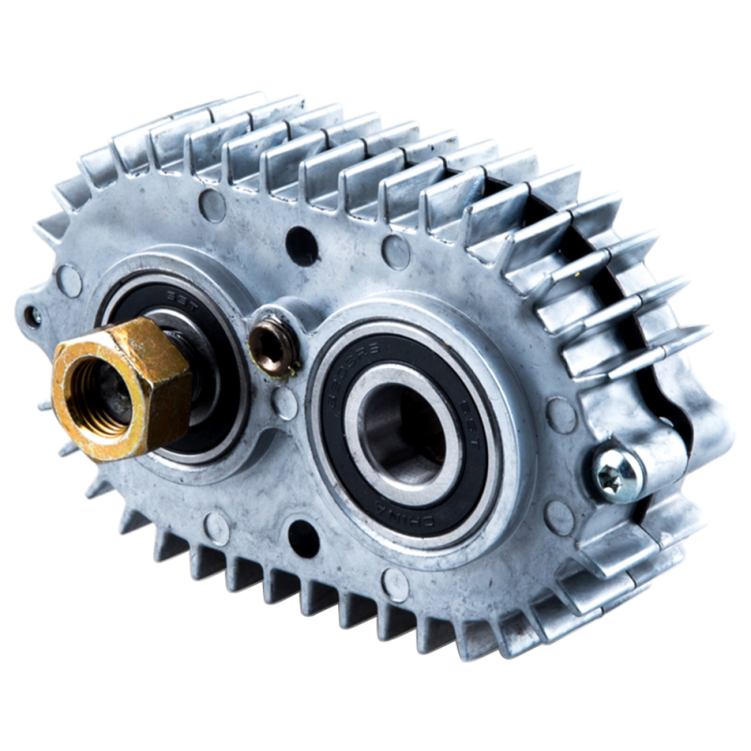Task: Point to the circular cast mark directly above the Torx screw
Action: tap(560, 413)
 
